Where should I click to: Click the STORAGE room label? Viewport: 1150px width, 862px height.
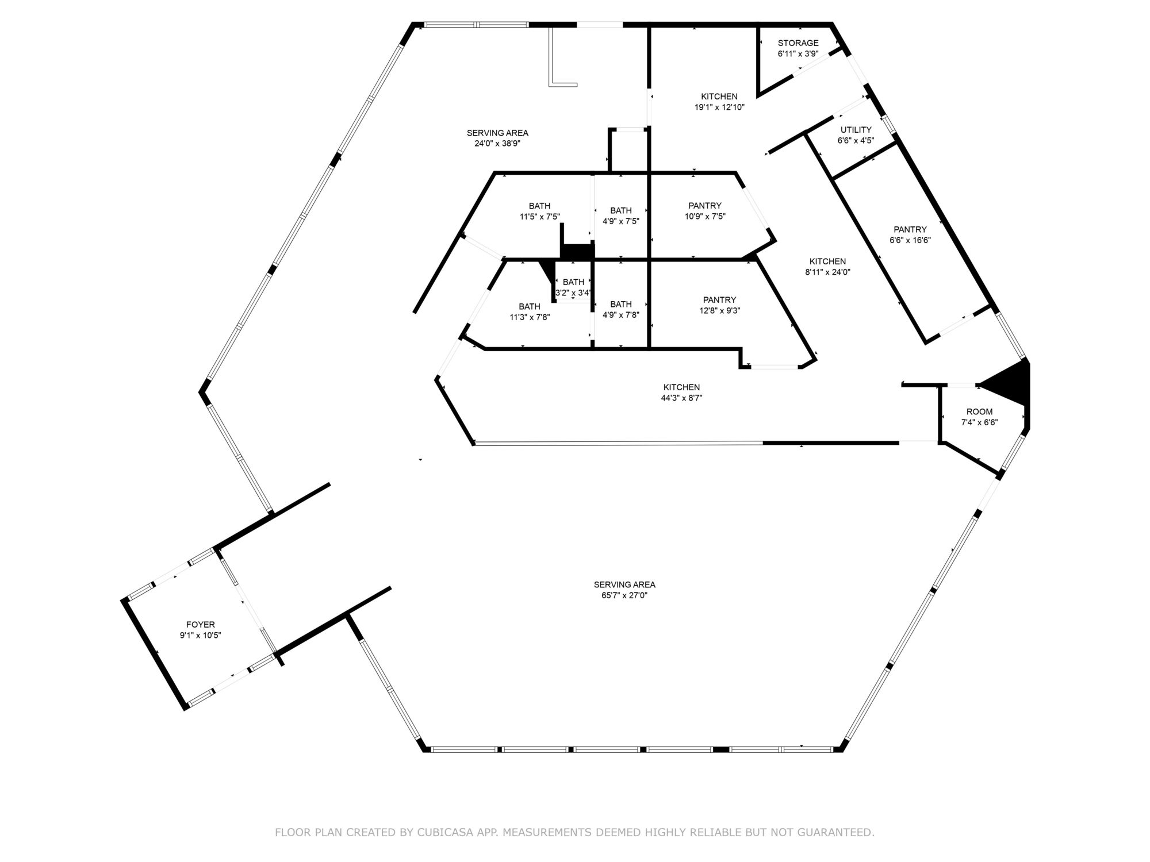[798, 43]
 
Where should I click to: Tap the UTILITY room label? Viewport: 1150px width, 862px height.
[856, 130]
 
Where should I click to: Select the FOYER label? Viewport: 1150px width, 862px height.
[200, 625]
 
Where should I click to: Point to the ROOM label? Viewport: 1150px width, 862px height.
[979, 412]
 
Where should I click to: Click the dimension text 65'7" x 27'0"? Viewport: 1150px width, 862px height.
[624, 595]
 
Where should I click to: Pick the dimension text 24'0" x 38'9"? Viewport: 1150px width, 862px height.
[497, 144]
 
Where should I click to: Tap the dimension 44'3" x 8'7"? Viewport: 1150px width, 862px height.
[681, 398]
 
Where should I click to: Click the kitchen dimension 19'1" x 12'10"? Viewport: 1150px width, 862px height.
[719, 107]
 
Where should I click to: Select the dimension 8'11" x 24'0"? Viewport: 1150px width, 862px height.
[827, 272]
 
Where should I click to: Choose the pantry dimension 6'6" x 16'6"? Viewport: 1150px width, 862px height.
[910, 240]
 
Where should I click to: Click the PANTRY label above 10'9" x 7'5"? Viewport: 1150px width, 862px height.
[704, 206]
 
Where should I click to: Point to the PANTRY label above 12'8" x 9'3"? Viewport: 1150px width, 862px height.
[719, 300]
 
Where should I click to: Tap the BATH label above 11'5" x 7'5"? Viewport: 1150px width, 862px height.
[539, 206]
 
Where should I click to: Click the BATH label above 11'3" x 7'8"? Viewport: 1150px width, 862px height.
[530, 307]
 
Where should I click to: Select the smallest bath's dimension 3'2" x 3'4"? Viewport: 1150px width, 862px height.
[573, 293]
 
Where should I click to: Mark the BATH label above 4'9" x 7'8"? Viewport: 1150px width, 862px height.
[621, 305]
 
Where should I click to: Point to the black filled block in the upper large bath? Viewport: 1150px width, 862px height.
[577, 251]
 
